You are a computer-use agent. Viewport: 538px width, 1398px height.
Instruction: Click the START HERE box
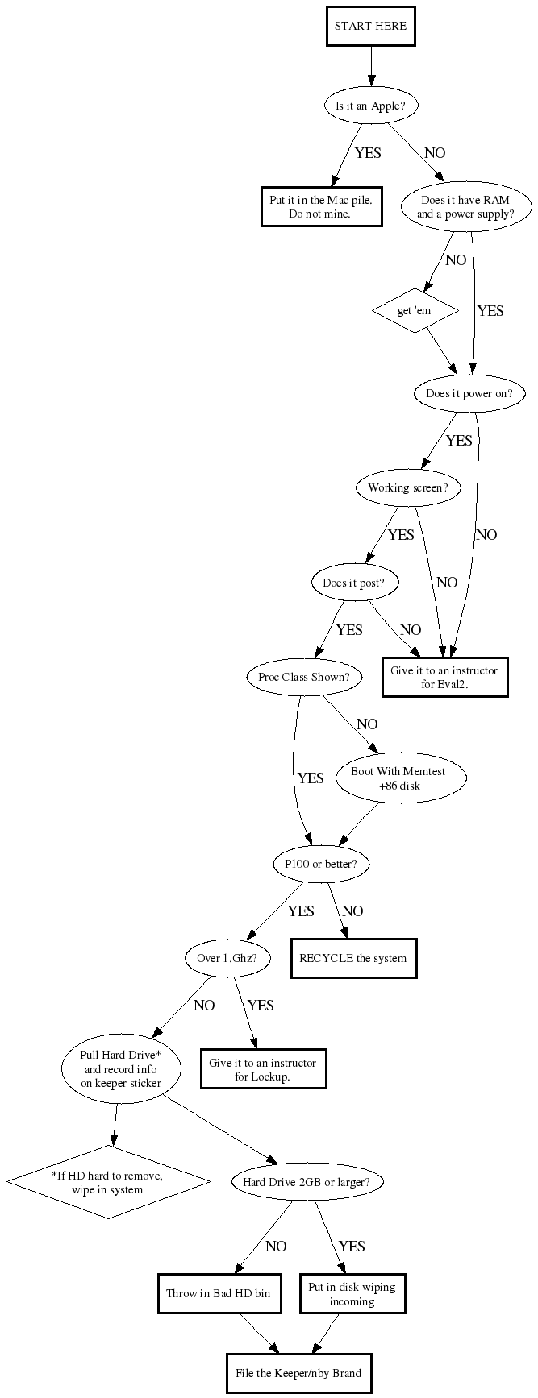coord(371,26)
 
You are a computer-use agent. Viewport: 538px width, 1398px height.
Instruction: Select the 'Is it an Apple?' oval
coord(371,106)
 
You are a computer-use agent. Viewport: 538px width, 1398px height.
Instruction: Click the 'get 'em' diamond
coord(415,310)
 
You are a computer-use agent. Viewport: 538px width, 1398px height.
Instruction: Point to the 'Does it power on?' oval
coord(469,394)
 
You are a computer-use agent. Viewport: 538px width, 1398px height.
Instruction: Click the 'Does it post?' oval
coord(354,583)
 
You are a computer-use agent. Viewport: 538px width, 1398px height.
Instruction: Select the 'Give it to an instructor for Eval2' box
coord(444,677)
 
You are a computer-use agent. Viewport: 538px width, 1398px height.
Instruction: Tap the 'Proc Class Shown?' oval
coord(304,677)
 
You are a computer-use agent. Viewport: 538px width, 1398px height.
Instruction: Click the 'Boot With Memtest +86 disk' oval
coord(398,778)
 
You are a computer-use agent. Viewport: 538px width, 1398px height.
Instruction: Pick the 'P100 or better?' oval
coord(321,865)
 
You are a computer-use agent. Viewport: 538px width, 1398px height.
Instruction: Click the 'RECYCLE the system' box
coord(353,959)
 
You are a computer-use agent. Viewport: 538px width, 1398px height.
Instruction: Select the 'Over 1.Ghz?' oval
coord(227,959)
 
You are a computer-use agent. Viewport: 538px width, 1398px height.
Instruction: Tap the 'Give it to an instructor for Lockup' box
coord(263,1069)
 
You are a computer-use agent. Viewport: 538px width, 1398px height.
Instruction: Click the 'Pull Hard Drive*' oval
coord(121,1069)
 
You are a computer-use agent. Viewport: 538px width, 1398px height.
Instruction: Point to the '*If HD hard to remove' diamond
coord(109,1182)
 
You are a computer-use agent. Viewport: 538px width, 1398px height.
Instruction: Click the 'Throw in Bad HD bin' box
coord(218,1294)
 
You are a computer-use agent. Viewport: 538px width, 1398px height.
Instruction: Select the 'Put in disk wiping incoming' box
coord(352,1294)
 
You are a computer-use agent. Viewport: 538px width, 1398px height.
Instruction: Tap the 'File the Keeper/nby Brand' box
coord(298,1373)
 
